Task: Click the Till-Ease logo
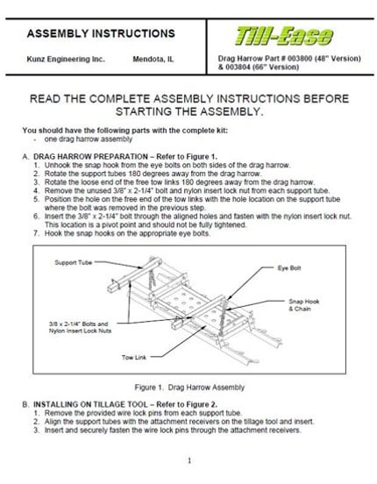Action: point(284,36)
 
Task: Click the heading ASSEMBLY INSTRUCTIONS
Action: point(101,33)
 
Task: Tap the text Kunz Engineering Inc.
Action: point(66,59)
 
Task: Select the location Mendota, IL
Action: point(153,59)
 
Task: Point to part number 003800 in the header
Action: point(300,59)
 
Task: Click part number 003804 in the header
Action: point(238,67)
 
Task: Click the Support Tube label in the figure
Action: point(74,263)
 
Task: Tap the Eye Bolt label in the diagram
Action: point(289,268)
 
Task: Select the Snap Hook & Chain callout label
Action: point(304,305)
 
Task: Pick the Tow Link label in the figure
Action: point(134,358)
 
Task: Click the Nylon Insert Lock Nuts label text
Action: point(80,331)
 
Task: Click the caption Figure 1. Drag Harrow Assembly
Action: point(189,388)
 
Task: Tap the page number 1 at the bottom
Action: point(189,461)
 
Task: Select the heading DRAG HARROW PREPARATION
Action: point(90,156)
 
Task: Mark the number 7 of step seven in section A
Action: point(36,233)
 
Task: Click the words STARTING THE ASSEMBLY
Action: point(189,111)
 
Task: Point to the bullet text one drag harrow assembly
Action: point(89,139)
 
